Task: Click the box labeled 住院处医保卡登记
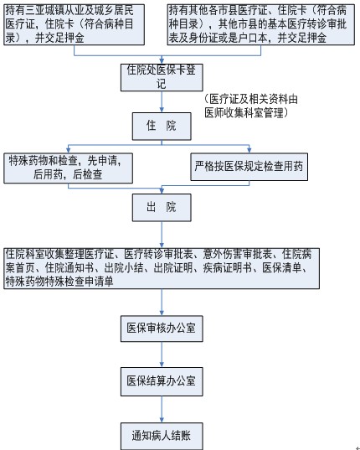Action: click(x=162, y=77)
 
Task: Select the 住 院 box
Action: click(x=162, y=127)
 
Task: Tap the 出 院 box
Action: click(x=162, y=208)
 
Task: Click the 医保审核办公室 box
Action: click(x=162, y=328)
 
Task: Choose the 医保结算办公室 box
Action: click(x=162, y=381)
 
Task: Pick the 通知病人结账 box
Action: click(x=162, y=436)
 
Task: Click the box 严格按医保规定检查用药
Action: click(x=249, y=167)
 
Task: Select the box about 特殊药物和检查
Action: click(x=68, y=168)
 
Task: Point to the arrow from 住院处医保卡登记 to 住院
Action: click(x=162, y=102)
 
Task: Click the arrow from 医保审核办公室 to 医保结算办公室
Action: click(x=162, y=354)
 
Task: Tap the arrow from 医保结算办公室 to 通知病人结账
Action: click(x=162, y=409)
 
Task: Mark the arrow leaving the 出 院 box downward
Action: click(x=162, y=235)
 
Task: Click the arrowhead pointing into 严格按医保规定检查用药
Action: click(x=249, y=150)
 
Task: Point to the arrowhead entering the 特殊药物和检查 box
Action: click(x=68, y=150)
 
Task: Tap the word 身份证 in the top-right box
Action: click(x=203, y=38)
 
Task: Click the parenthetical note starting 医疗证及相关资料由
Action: click(x=251, y=106)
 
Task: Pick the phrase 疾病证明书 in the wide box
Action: click(x=228, y=268)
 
